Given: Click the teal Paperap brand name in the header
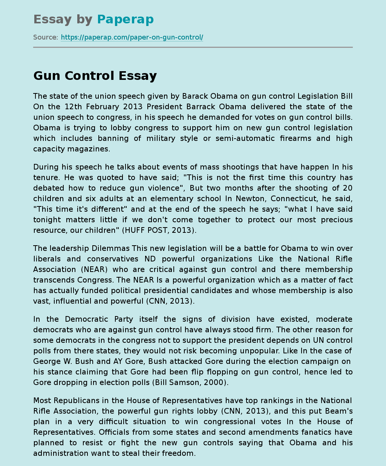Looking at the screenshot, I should coord(125,19).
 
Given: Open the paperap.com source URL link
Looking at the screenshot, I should coord(132,37).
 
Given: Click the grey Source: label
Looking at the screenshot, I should coord(46,37).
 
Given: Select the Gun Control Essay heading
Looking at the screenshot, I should coord(95,76).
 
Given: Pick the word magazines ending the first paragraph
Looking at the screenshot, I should coord(89,149).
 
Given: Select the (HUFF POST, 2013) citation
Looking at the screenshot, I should coord(159,230).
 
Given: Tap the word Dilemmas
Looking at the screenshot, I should coord(111,248).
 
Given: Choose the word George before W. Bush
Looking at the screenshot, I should coord(47,361).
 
